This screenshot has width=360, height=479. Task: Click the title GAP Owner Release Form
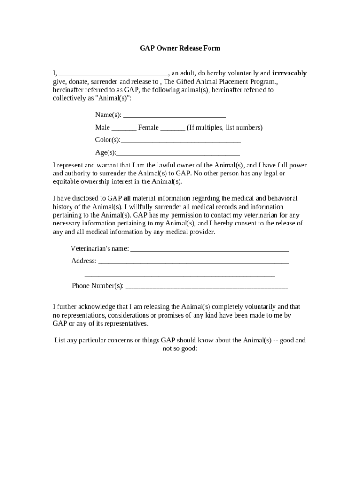tap(180, 48)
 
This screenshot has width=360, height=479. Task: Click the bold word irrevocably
tap(289, 73)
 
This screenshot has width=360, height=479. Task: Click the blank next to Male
tap(124, 128)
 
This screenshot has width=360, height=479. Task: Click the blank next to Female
tap(173, 128)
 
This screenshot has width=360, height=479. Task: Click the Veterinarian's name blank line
tap(209, 249)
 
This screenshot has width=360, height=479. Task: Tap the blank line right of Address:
tap(194, 261)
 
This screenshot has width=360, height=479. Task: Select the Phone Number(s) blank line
tap(207, 286)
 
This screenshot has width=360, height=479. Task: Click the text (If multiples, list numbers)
tap(225, 127)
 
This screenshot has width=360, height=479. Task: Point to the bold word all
tap(127, 198)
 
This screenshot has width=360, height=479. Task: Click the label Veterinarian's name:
tap(100, 248)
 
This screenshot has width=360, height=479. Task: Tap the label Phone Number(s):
tap(98, 286)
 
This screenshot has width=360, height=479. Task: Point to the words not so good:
tap(180, 349)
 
